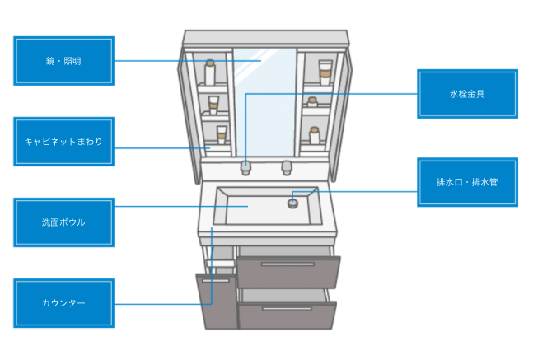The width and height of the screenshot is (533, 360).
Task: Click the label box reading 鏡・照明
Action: coord(63,61)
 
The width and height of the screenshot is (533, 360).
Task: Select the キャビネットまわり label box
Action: coord(63,142)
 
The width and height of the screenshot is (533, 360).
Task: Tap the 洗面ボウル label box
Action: coord(63,222)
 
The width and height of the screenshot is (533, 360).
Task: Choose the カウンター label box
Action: coord(63,303)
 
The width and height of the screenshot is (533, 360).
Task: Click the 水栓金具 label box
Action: coord(467,94)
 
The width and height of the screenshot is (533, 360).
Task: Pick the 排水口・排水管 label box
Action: coord(467,182)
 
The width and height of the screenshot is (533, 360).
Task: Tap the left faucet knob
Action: coord(245,167)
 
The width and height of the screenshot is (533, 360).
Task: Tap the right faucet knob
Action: coord(287,167)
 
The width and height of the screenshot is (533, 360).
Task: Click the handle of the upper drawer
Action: coord(288,264)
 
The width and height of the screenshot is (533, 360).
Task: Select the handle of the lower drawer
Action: coord(288,310)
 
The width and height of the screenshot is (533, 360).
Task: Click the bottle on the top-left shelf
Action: coord(210,72)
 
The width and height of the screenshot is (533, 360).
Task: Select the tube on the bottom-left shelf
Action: coord(221,134)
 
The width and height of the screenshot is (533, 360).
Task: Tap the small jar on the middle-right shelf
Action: coord(312,102)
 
